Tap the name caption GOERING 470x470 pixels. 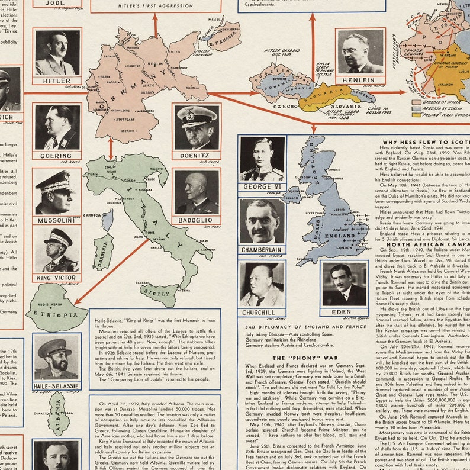click(x=57, y=156)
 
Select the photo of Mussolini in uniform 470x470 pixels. click(x=57, y=192)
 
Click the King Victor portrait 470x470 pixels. click(x=57, y=249)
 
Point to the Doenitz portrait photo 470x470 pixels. click(x=197, y=127)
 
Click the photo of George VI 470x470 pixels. click(x=262, y=159)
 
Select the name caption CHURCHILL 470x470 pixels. click(x=259, y=312)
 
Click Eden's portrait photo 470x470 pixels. click(x=344, y=284)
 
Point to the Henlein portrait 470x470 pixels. click(x=360, y=52)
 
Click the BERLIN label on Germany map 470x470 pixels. click(x=155, y=64)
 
